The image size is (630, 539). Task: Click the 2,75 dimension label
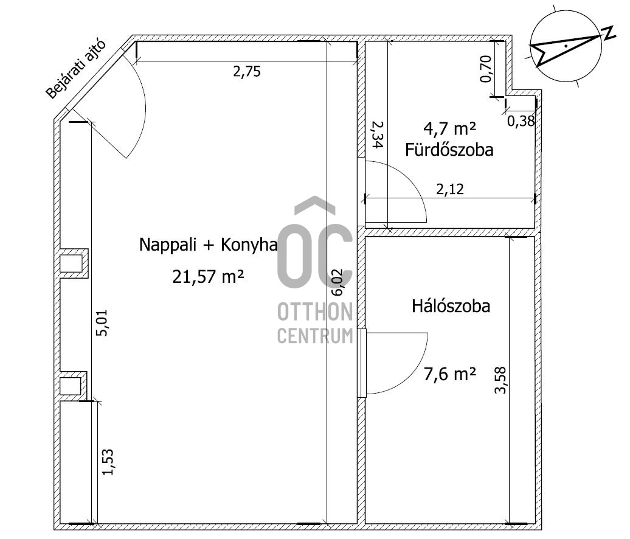(x=247, y=72)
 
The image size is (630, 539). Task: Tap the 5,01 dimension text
(x=102, y=323)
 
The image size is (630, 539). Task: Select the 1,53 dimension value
(x=108, y=462)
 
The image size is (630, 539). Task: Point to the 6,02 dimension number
(x=337, y=282)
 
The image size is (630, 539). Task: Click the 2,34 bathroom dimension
(x=377, y=136)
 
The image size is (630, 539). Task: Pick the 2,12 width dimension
(x=450, y=189)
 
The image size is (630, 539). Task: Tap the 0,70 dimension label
(x=486, y=69)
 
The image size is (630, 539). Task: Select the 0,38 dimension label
(x=521, y=121)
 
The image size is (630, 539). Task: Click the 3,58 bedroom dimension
(x=500, y=380)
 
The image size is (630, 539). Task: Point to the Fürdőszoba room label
(x=449, y=150)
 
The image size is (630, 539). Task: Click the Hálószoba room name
(x=451, y=306)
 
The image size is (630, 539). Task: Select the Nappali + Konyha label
(x=208, y=245)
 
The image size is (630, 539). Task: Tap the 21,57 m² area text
(x=208, y=277)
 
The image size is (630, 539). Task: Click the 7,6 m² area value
(x=450, y=374)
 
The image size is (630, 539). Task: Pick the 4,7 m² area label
(x=449, y=128)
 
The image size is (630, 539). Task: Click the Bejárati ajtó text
(x=76, y=69)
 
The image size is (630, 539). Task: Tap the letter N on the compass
(x=609, y=32)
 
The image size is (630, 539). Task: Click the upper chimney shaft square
(x=71, y=263)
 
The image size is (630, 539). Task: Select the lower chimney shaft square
(x=71, y=386)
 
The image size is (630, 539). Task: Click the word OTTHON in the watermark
(x=315, y=312)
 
